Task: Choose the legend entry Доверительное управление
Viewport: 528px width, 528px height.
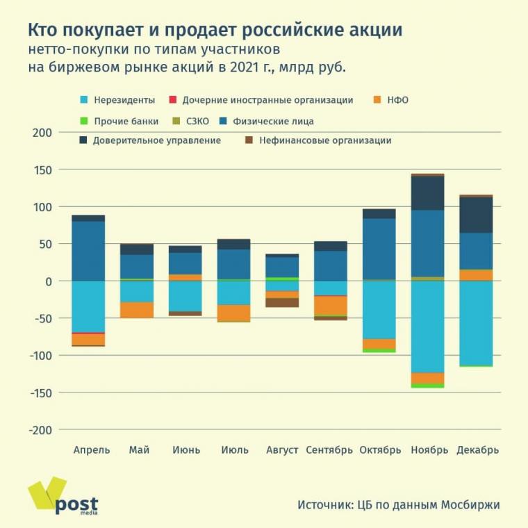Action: coord(156,140)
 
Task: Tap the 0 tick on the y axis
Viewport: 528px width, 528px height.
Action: coord(47,281)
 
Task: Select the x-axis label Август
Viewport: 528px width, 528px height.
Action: coord(283,450)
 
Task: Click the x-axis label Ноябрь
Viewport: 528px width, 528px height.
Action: coord(429,450)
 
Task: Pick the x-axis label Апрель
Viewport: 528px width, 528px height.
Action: coord(92,450)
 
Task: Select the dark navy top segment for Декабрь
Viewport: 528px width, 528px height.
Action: coord(476,215)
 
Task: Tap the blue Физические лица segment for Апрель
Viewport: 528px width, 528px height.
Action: coord(88,251)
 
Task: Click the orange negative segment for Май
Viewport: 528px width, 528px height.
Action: coord(136,310)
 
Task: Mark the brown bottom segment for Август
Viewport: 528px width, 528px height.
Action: coord(282,302)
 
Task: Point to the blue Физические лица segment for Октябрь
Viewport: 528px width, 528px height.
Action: coord(379,249)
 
